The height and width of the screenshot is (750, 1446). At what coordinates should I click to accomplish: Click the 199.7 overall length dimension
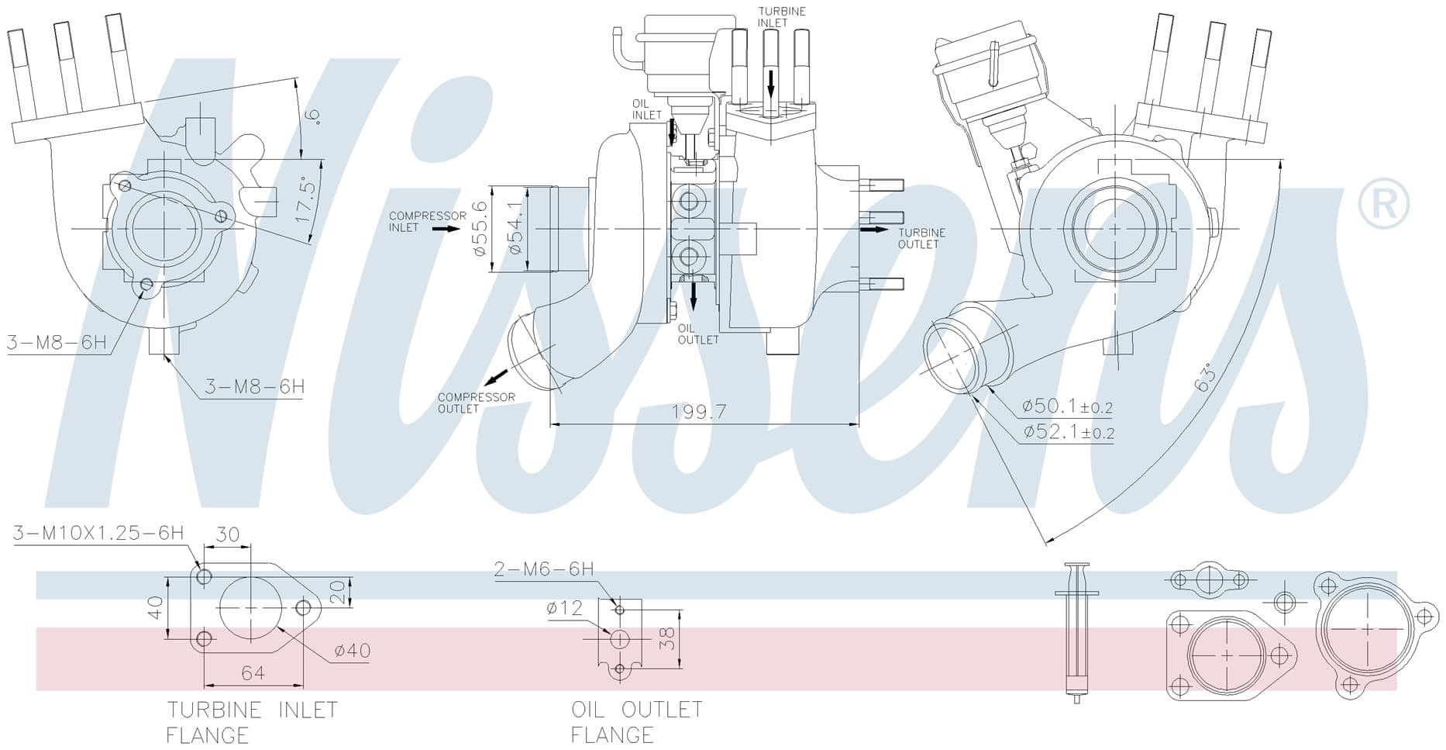click(699, 412)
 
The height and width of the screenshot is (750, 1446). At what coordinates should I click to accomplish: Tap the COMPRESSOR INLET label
click(427, 222)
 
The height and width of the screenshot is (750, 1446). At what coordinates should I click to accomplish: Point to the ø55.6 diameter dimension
click(479, 229)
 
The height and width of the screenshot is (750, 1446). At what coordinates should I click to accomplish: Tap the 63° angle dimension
click(1205, 378)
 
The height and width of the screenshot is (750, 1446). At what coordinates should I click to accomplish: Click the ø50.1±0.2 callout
click(1067, 406)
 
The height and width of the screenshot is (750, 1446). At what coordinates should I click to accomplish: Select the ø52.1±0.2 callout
click(1067, 432)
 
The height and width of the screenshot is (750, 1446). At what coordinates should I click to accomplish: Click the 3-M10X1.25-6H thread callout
click(98, 533)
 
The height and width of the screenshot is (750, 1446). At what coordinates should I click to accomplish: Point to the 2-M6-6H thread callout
click(544, 569)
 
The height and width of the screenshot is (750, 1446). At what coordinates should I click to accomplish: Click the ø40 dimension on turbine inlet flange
click(352, 651)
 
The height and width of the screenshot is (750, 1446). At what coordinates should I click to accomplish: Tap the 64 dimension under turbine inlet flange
click(253, 673)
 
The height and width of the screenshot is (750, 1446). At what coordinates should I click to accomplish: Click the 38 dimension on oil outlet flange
click(667, 638)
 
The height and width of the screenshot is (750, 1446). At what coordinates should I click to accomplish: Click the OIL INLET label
click(646, 109)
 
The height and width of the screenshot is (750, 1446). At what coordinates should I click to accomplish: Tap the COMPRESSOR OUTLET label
click(476, 403)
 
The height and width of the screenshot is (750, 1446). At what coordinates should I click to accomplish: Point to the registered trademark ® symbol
click(1383, 202)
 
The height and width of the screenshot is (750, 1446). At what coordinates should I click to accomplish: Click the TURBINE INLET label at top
click(781, 17)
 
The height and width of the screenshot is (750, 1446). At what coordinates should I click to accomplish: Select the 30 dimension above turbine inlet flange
click(227, 534)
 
